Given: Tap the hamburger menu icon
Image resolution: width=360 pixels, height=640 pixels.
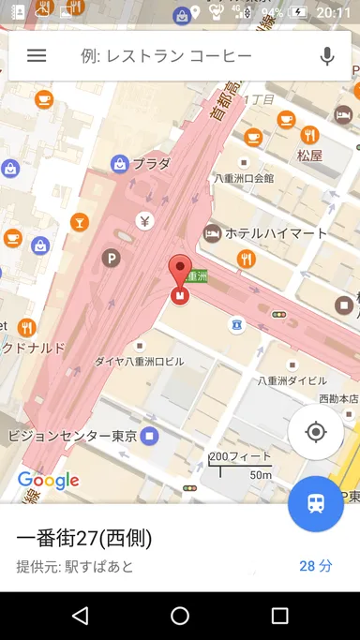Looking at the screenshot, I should tap(37, 56).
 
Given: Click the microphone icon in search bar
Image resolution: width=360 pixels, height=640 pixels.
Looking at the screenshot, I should tap(327, 56).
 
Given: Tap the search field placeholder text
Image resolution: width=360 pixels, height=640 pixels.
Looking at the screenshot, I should tap(167, 56).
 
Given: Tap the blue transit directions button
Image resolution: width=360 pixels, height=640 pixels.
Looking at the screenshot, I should tap(316, 503).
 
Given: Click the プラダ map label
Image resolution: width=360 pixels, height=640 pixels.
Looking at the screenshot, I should tap(151, 164).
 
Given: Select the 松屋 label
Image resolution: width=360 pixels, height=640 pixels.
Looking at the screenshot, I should tap(309, 156).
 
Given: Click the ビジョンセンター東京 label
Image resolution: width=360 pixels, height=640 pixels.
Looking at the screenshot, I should tap(72, 436).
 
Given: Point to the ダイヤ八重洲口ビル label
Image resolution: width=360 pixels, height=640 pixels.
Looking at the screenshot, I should tap(140, 361).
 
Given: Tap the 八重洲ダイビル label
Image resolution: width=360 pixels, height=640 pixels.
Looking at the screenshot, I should tap(293, 381).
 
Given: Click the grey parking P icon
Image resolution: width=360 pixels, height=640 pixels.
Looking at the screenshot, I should tap(112, 258).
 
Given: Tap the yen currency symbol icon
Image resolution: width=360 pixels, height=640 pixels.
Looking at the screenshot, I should tap(144, 221).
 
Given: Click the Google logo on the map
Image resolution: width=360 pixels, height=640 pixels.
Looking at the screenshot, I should tap(48, 481).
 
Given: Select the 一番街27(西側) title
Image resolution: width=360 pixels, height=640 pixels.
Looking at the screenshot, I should tap(84, 538).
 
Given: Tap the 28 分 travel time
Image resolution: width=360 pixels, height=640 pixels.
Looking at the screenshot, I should tap(316, 566).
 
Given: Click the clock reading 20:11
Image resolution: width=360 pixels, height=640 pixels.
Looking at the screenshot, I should tap(334, 12).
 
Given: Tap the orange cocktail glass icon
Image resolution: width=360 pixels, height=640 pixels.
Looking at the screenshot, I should tap(80, 222).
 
